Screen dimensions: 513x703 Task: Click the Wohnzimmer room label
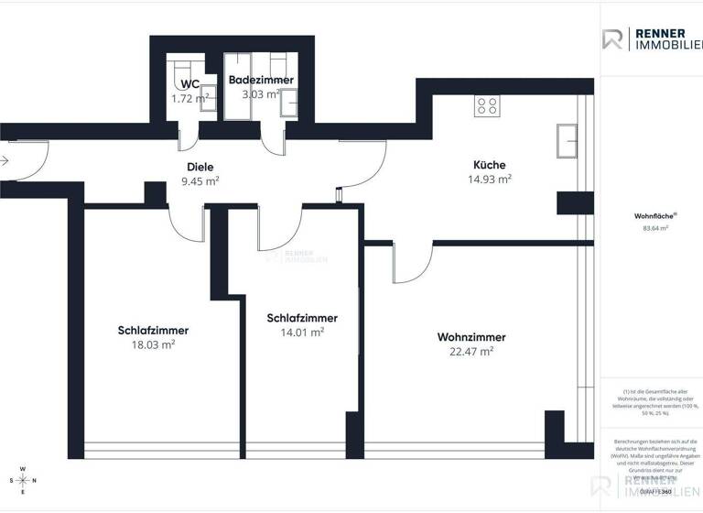coord(471,337)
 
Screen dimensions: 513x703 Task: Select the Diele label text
coord(200,168)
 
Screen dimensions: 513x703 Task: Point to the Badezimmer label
coord(261,80)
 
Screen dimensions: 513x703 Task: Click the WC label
coord(190,83)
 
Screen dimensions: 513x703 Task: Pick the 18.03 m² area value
coord(154,345)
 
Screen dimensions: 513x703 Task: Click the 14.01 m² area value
coord(302,333)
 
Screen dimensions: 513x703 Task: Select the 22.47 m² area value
coord(471,351)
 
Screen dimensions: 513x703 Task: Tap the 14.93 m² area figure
coord(490,179)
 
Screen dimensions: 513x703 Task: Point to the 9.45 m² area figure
coord(200,181)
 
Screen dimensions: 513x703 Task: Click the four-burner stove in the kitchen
coord(487,106)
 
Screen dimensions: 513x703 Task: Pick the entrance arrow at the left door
coord(5,161)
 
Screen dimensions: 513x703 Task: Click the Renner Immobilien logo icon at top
coord(613,39)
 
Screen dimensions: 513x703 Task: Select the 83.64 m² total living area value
coord(652,228)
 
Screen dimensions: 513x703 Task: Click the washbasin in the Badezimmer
coord(290,104)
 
